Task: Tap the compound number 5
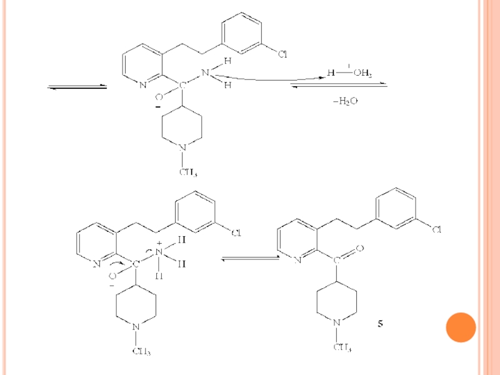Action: click(x=380, y=324)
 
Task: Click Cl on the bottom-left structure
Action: click(x=236, y=234)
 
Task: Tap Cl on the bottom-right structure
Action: click(x=436, y=229)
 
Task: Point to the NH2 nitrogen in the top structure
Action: click(x=204, y=72)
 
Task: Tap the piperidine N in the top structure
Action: click(x=182, y=147)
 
